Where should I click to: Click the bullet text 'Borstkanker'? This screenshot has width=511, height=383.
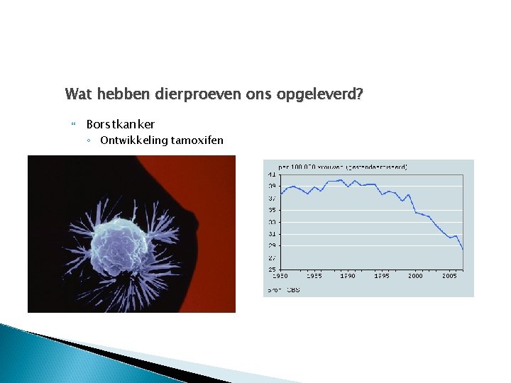click(x=121, y=124)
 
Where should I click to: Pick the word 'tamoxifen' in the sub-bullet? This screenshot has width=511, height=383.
click(x=197, y=140)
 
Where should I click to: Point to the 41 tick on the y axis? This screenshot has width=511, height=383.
click(x=272, y=174)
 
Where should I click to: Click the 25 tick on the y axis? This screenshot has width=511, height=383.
click(x=272, y=270)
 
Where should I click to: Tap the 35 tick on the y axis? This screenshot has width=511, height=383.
click(x=272, y=210)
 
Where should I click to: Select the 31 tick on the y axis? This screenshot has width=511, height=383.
click(x=272, y=233)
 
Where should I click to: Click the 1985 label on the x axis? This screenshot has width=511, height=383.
click(x=314, y=276)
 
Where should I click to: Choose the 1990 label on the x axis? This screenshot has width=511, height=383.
click(x=348, y=276)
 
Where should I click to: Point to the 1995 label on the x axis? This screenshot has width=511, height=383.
click(x=382, y=276)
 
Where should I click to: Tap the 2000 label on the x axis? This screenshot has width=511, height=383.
click(x=416, y=276)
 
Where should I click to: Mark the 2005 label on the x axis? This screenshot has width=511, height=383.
click(x=449, y=276)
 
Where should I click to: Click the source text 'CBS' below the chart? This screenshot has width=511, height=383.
click(x=294, y=289)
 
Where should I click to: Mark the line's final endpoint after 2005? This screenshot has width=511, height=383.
click(x=463, y=249)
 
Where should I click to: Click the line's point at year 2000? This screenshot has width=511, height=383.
click(x=416, y=212)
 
